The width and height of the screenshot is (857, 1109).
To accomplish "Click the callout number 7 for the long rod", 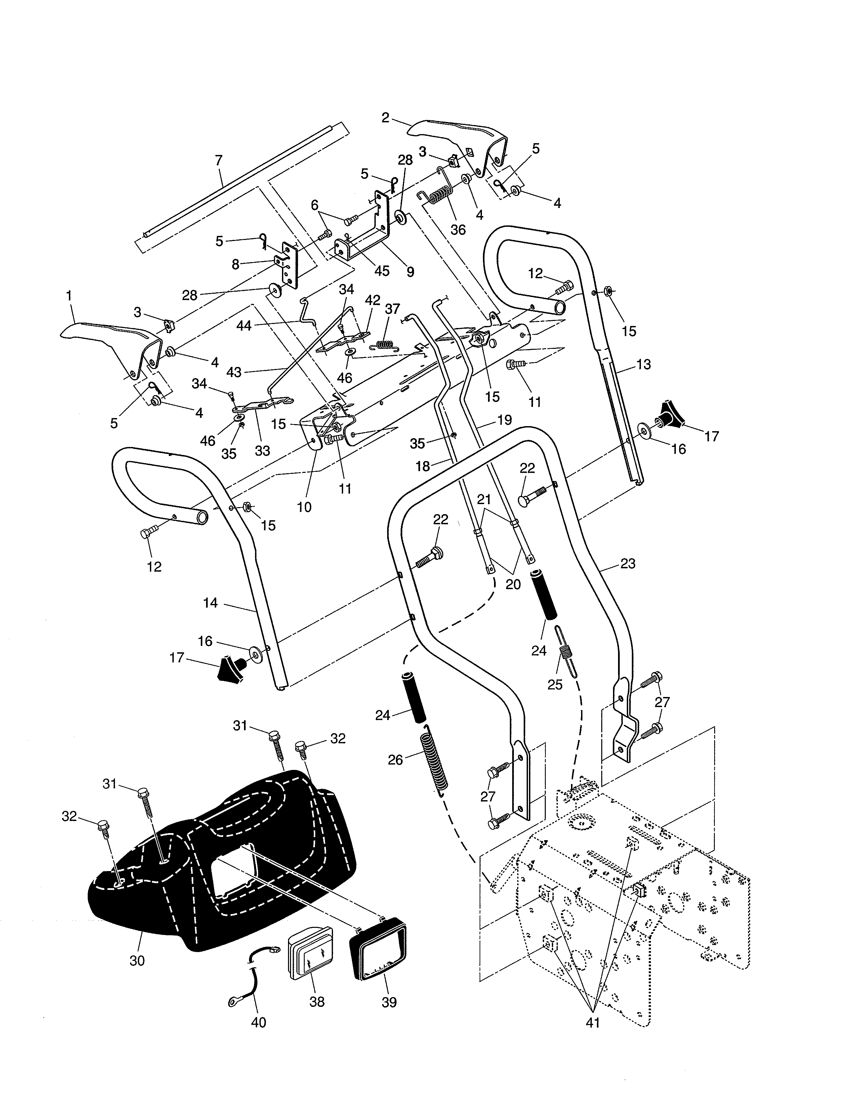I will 218,160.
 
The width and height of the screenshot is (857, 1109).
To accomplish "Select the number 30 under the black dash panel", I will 137,961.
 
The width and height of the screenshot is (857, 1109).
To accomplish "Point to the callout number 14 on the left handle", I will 210,603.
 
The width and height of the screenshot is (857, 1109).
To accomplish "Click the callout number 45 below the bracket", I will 382,270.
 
